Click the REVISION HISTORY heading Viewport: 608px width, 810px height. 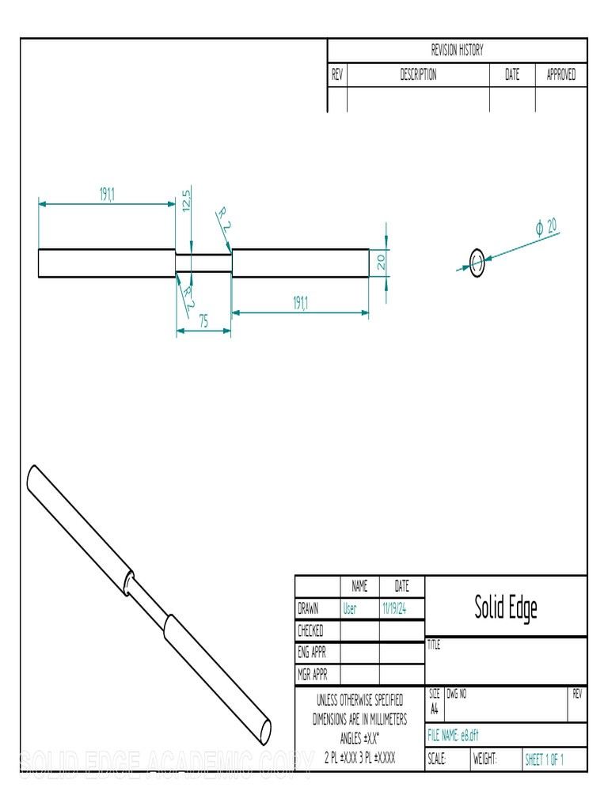pos(457,51)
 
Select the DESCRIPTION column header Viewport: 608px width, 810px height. pos(417,75)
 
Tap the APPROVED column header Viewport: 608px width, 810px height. pos(560,75)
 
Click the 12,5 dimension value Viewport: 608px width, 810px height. pos(186,200)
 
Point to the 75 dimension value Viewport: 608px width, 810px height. pos(203,321)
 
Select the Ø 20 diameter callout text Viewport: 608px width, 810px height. pos(546,227)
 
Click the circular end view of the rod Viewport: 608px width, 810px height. pos(477,262)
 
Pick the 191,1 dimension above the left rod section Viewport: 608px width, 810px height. pos(107,195)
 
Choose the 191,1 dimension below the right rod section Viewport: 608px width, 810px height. pos(300,303)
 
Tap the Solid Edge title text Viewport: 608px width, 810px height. pos(506,607)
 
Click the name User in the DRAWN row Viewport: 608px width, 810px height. pos(349,609)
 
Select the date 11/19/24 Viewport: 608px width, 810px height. pos(393,609)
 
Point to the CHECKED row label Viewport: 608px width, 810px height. pos(310,631)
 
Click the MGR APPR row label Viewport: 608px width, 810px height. pos(312,675)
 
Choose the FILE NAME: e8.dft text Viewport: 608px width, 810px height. pos(453,735)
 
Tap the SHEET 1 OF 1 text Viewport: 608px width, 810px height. pos(544,759)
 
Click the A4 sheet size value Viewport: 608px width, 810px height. pos(434,710)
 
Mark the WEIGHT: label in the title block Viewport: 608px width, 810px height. pos(484,759)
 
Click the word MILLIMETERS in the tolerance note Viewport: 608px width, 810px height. pos(380,720)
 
